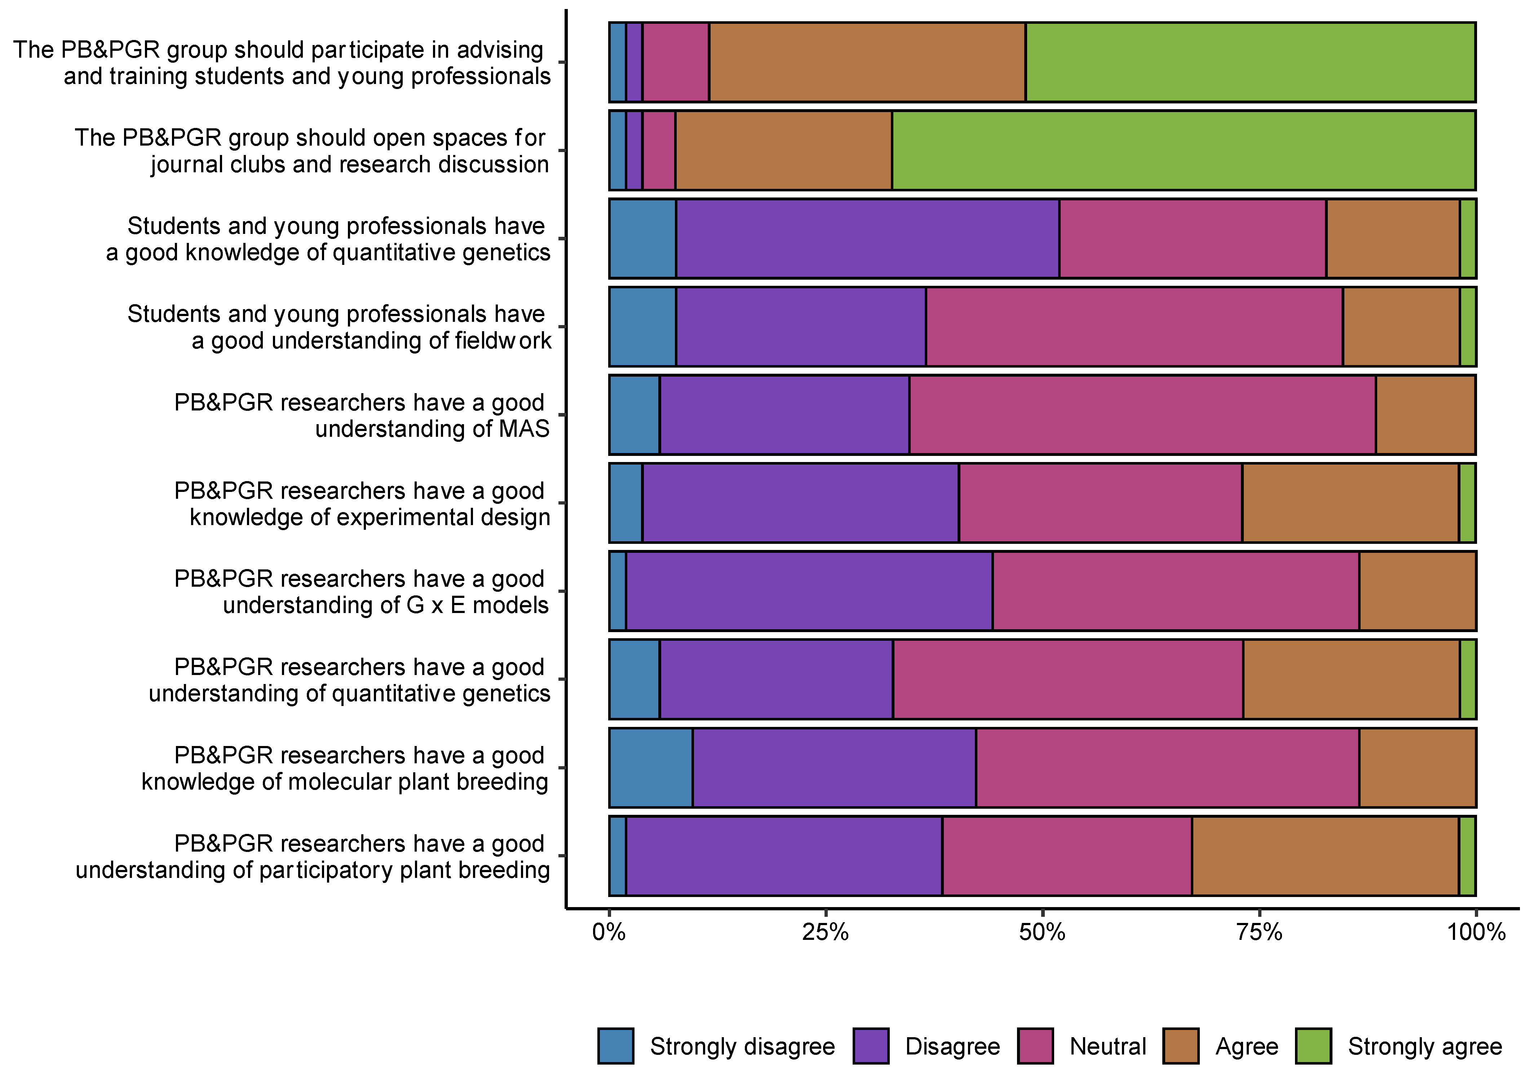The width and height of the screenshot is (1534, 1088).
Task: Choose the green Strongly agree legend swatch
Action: (1313, 1046)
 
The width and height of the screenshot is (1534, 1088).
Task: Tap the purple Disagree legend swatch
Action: (871, 1046)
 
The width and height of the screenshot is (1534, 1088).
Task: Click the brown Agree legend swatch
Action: (1181, 1046)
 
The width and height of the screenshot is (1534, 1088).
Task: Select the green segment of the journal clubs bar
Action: (1183, 151)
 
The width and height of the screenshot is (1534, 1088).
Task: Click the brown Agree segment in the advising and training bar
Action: (867, 62)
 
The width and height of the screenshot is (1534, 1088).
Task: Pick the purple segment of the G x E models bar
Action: (809, 591)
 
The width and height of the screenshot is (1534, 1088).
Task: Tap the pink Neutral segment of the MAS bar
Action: (1142, 415)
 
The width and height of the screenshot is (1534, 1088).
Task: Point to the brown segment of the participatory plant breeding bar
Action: (1325, 856)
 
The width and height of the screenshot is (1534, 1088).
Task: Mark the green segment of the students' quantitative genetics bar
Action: (1468, 239)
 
